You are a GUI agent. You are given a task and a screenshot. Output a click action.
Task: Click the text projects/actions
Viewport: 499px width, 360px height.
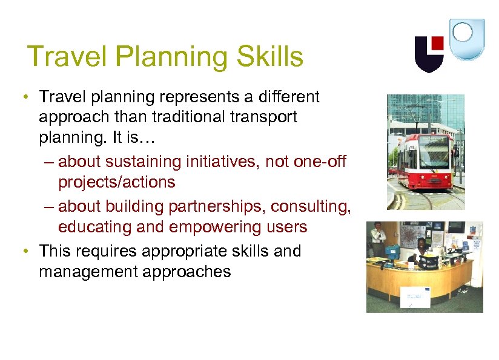point(116,182)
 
